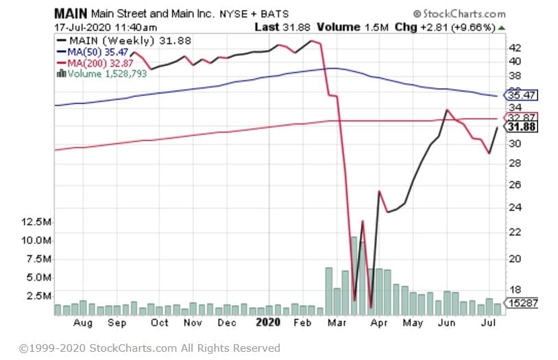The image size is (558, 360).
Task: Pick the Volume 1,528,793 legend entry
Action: tap(105, 73)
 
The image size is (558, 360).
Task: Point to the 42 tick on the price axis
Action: tap(514, 47)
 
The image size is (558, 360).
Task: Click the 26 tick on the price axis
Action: tap(514, 184)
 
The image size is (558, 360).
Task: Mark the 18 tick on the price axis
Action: tap(514, 289)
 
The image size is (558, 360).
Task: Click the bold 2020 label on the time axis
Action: tap(268, 322)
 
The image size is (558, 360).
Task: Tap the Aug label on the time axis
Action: tap(82, 322)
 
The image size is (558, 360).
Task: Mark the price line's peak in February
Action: tap(312, 41)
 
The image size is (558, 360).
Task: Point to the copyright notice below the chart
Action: tap(149, 348)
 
